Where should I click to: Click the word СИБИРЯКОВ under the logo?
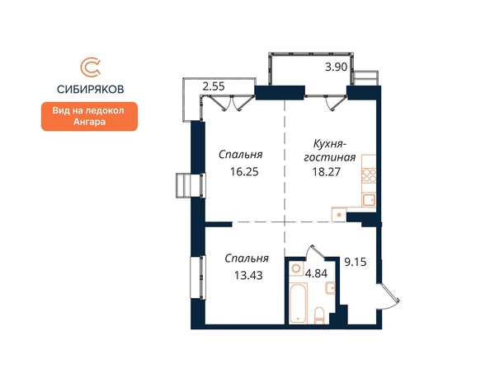pos(90,89)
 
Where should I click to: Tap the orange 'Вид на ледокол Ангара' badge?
pos(89,116)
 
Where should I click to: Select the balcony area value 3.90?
pos(336,67)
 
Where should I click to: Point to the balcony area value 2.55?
pos(214,86)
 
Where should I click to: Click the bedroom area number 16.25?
pos(244,171)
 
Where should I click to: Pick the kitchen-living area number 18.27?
pos(327,171)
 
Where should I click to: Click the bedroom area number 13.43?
pos(248,275)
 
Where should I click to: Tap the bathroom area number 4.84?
pos(316,273)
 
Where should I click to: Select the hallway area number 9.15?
pos(356,262)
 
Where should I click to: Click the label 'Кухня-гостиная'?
pos(330,151)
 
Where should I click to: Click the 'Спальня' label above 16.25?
pos(241,155)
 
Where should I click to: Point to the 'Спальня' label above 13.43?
pos(247,259)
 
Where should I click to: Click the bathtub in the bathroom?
pos(298,302)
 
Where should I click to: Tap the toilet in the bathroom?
pos(319,315)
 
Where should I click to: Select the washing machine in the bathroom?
pos(296,268)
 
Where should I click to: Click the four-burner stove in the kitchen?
pos(369,175)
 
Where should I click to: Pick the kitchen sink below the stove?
pos(369,200)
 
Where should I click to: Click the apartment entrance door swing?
pos(389,296)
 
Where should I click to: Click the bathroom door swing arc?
pos(314,251)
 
